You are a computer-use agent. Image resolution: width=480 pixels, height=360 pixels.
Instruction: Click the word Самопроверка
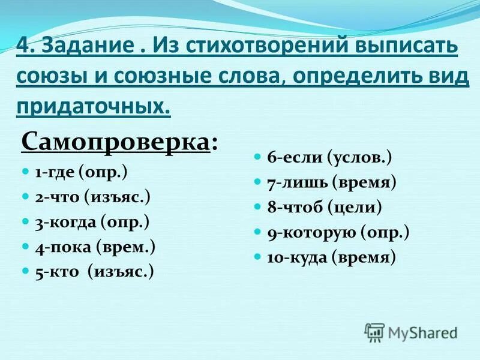(115, 143)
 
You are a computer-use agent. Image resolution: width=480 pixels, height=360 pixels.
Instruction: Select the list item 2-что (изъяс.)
(92, 197)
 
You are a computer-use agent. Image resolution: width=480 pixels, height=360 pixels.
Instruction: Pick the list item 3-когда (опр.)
(92, 222)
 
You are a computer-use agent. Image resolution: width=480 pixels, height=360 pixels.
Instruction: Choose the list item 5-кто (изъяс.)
(94, 271)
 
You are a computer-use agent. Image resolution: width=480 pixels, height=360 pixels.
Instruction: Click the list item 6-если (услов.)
(329, 158)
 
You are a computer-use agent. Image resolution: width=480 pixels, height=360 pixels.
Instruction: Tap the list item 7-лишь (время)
(332, 182)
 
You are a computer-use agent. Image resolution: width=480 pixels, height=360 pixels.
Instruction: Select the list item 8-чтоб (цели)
(325, 208)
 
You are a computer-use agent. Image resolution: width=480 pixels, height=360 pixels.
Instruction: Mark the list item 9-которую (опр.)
(338, 232)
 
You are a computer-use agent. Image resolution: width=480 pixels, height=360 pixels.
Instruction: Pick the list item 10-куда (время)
(332, 257)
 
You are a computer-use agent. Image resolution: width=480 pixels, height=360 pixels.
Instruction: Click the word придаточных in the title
(93, 106)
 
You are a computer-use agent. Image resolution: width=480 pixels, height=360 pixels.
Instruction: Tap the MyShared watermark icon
(375, 332)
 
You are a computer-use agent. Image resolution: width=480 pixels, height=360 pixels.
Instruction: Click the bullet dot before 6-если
(257, 156)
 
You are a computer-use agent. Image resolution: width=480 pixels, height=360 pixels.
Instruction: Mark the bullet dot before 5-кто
(25, 270)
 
